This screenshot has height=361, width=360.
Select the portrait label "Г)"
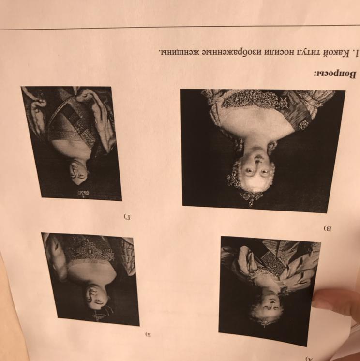[x=127, y=216]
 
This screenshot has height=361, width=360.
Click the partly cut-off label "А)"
[x=309, y=359]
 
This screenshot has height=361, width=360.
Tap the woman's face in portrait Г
[x=79, y=172]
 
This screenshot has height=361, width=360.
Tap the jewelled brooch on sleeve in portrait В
[x=303, y=124]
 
